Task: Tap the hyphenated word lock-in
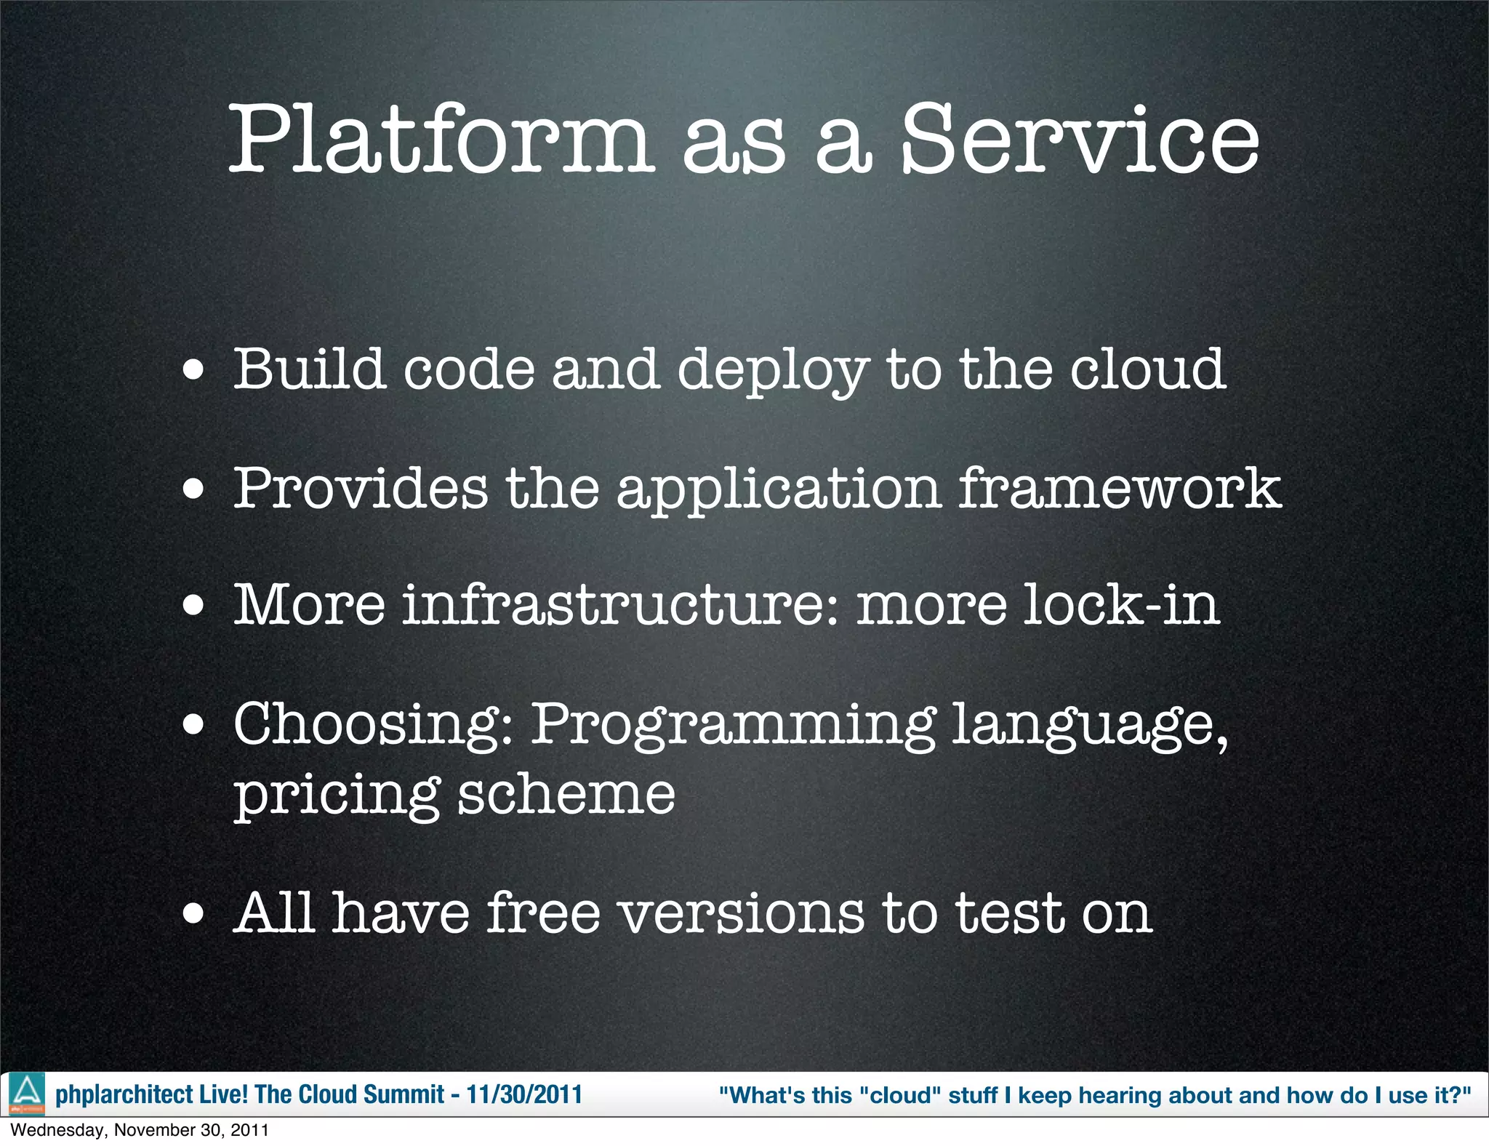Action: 1120,605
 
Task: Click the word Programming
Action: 733,725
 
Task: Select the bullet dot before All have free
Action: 193,913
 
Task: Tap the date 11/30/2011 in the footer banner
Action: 523,1094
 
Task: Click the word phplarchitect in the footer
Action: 124,1094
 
